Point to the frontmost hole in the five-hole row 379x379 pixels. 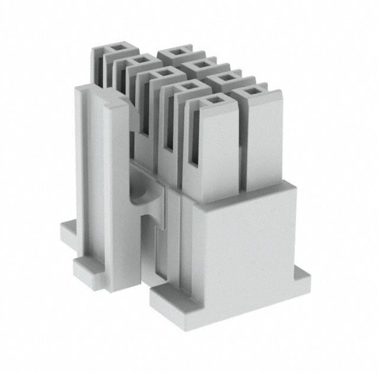212,101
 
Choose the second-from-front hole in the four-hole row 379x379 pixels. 225,78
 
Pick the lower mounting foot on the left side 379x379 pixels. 89,269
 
